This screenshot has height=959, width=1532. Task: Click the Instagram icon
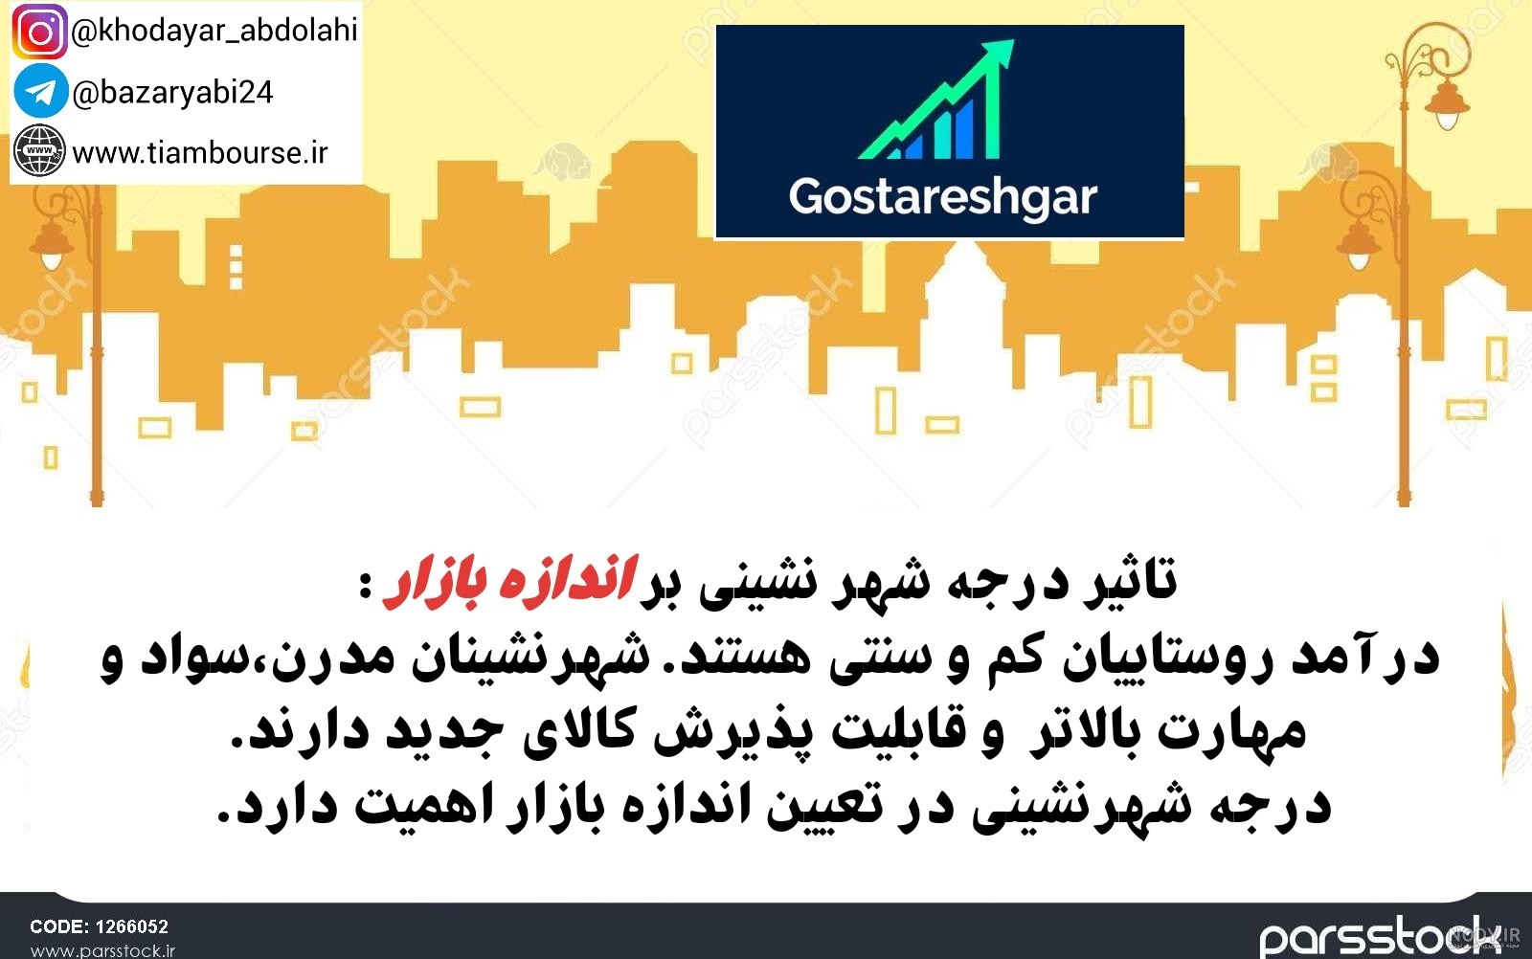pyautogui.click(x=39, y=33)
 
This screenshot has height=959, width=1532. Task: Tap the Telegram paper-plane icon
pyautogui.click(x=40, y=91)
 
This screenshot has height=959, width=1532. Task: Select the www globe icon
pyautogui.click(x=39, y=150)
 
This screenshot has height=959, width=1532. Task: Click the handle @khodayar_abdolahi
pyautogui.click(x=214, y=31)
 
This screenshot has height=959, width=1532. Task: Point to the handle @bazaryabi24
pyautogui.click(x=172, y=93)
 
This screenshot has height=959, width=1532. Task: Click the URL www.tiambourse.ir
pyautogui.click(x=200, y=153)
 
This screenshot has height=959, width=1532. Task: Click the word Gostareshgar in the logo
pyautogui.click(x=943, y=198)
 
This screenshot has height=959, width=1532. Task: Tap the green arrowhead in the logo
pyautogui.click(x=1000, y=54)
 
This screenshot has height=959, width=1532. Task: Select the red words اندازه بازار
pyautogui.click(x=509, y=580)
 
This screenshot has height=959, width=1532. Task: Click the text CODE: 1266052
pyautogui.click(x=100, y=926)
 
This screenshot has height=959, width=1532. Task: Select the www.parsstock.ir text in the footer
pyautogui.click(x=102, y=950)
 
